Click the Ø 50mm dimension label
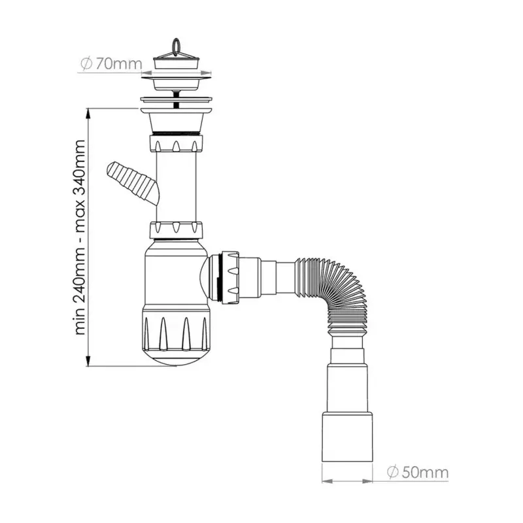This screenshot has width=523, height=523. coord(417,471)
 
